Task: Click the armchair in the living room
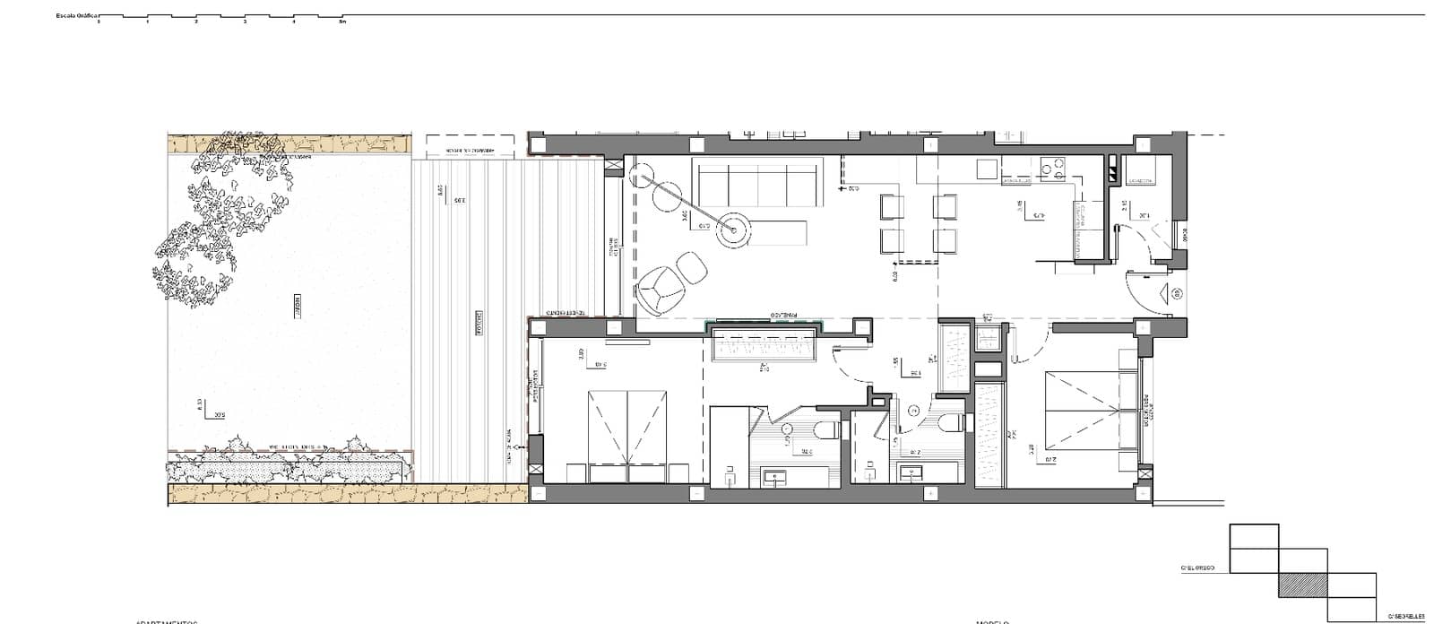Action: pyautogui.click(x=660, y=289)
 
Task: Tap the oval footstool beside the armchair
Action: pyautogui.click(x=690, y=266)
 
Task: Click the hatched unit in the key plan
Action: pyautogui.click(x=1302, y=585)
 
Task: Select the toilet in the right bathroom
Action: pyautogui.click(x=951, y=422)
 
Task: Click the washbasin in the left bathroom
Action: pyautogui.click(x=775, y=477)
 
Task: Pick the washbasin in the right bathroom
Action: pyautogui.click(x=913, y=472)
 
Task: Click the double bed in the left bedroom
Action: pyautogui.click(x=627, y=427)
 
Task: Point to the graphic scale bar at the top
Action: pyautogui.click(x=220, y=17)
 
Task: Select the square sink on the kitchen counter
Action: pyautogui.click(x=987, y=169)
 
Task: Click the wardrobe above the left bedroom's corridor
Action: pyautogui.click(x=763, y=346)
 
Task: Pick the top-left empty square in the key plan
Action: pyautogui.click(x=1254, y=536)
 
